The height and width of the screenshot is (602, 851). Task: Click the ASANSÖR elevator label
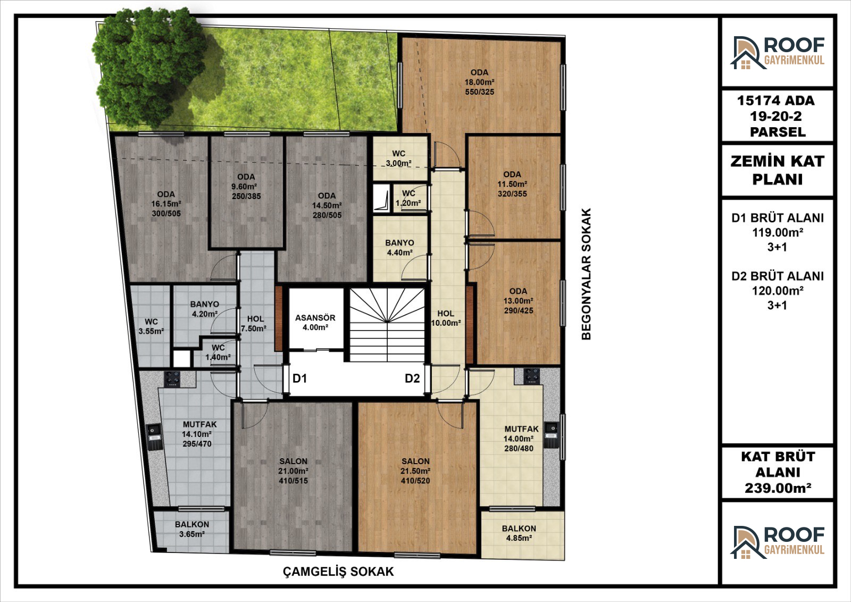[315, 322]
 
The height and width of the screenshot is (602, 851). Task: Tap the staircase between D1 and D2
[387, 325]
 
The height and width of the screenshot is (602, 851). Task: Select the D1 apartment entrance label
[300, 378]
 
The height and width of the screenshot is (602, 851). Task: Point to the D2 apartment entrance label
[412, 378]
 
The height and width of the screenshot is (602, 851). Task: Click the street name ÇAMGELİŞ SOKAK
[338, 572]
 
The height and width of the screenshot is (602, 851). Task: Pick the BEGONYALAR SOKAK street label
[586, 274]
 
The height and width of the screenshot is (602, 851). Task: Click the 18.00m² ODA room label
[479, 82]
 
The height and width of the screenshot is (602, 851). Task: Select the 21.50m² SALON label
[415, 471]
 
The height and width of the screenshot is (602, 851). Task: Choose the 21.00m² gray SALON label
[293, 471]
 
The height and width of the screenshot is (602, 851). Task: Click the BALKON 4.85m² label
[519, 533]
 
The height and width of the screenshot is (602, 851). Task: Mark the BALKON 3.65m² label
[192, 529]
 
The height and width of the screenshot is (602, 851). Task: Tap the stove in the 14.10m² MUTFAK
[172, 379]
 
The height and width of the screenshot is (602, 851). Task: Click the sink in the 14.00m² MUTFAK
[552, 435]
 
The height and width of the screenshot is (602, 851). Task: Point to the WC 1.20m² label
[408, 198]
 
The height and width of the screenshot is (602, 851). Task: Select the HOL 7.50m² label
[254, 324]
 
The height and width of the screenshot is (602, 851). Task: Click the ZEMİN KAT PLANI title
[777, 170]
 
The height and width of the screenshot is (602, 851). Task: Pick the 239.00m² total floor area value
[778, 488]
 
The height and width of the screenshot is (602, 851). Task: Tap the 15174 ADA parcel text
[776, 101]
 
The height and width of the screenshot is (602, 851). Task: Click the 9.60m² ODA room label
[246, 186]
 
